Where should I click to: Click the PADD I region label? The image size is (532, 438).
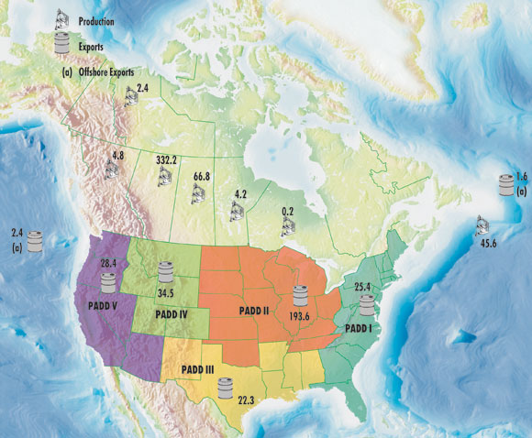coord(362,328)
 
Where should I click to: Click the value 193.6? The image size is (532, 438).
coord(300,317)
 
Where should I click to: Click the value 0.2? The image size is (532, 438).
coord(287,211)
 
